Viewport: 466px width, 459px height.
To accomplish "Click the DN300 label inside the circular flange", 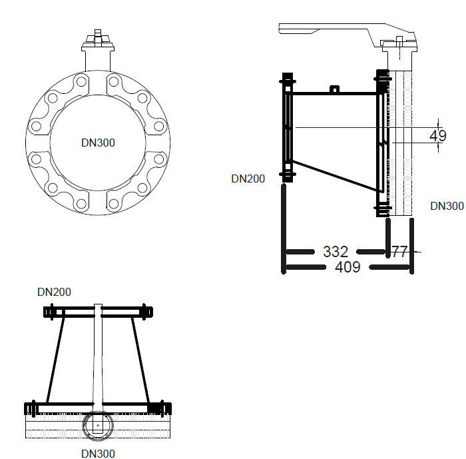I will (x=99, y=143).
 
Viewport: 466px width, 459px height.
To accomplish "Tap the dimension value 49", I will (x=437, y=136).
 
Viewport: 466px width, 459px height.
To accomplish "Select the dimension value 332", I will (x=336, y=252).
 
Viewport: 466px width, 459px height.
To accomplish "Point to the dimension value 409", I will (x=348, y=267).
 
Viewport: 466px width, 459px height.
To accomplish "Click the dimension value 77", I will (x=399, y=252).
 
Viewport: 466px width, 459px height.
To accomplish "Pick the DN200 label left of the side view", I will (x=248, y=179).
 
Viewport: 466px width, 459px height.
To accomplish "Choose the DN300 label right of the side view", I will (x=447, y=206).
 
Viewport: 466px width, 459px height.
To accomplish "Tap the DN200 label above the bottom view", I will (x=54, y=292).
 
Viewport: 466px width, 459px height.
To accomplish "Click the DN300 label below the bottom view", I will (x=98, y=454).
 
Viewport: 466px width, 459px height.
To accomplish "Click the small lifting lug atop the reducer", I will (x=334, y=89).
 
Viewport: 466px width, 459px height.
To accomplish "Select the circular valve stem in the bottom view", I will (x=97, y=424).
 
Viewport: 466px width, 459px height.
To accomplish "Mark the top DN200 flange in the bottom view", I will (x=98, y=311).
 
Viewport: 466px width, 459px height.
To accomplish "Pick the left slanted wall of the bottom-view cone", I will (x=55, y=360).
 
